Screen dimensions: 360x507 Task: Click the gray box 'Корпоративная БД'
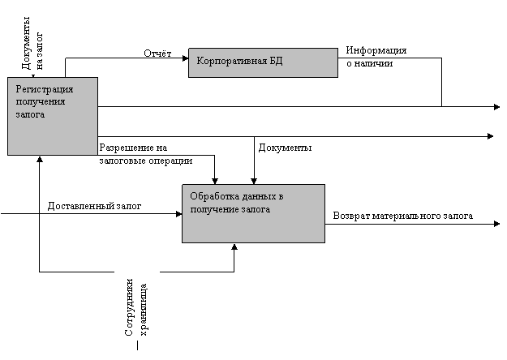(x=263, y=62)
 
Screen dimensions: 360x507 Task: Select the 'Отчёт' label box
(x=158, y=54)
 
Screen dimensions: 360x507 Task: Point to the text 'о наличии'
(x=369, y=63)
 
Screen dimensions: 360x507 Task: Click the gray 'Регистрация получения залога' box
(x=53, y=116)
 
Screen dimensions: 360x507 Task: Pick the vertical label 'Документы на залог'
(x=31, y=41)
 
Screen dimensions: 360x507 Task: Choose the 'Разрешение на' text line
(x=133, y=148)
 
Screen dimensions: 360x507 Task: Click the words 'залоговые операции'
(x=145, y=161)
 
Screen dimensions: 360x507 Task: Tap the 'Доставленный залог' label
(x=95, y=206)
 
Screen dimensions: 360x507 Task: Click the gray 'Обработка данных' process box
(x=253, y=213)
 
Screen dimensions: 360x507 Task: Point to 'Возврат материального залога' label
(x=403, y=216)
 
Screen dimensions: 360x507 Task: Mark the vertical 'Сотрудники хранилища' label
(x=136, y=301)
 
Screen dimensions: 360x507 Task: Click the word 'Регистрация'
(x=45, y=88)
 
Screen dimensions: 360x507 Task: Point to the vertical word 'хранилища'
(x=144, y=309)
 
